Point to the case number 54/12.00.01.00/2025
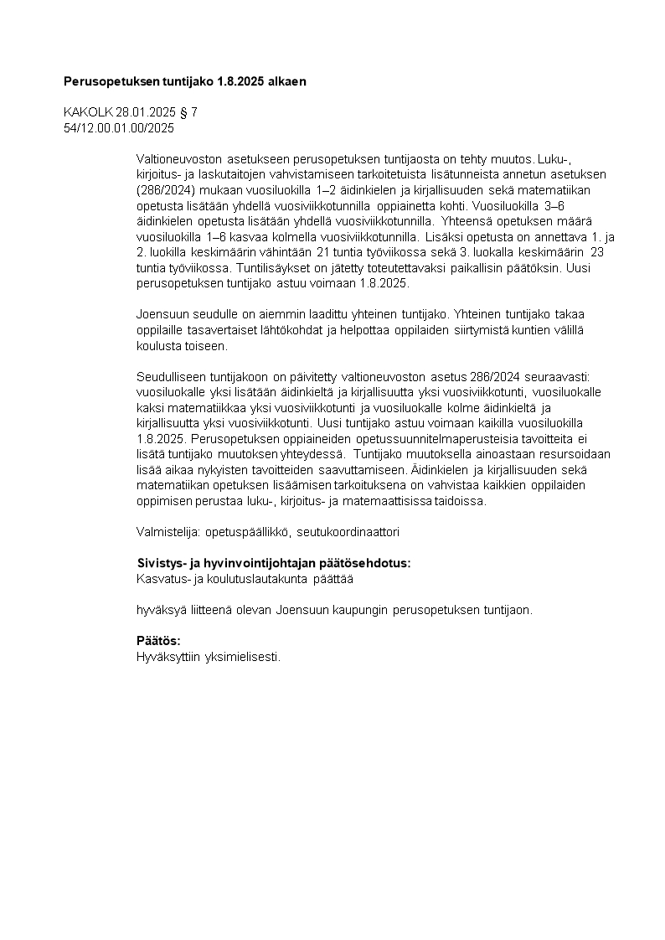[119, 127]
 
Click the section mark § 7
[190, 111]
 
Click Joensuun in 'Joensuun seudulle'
[162, 314]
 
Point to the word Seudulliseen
[170, 376]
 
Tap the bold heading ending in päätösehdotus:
[274, 563]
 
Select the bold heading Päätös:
[158, 641]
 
